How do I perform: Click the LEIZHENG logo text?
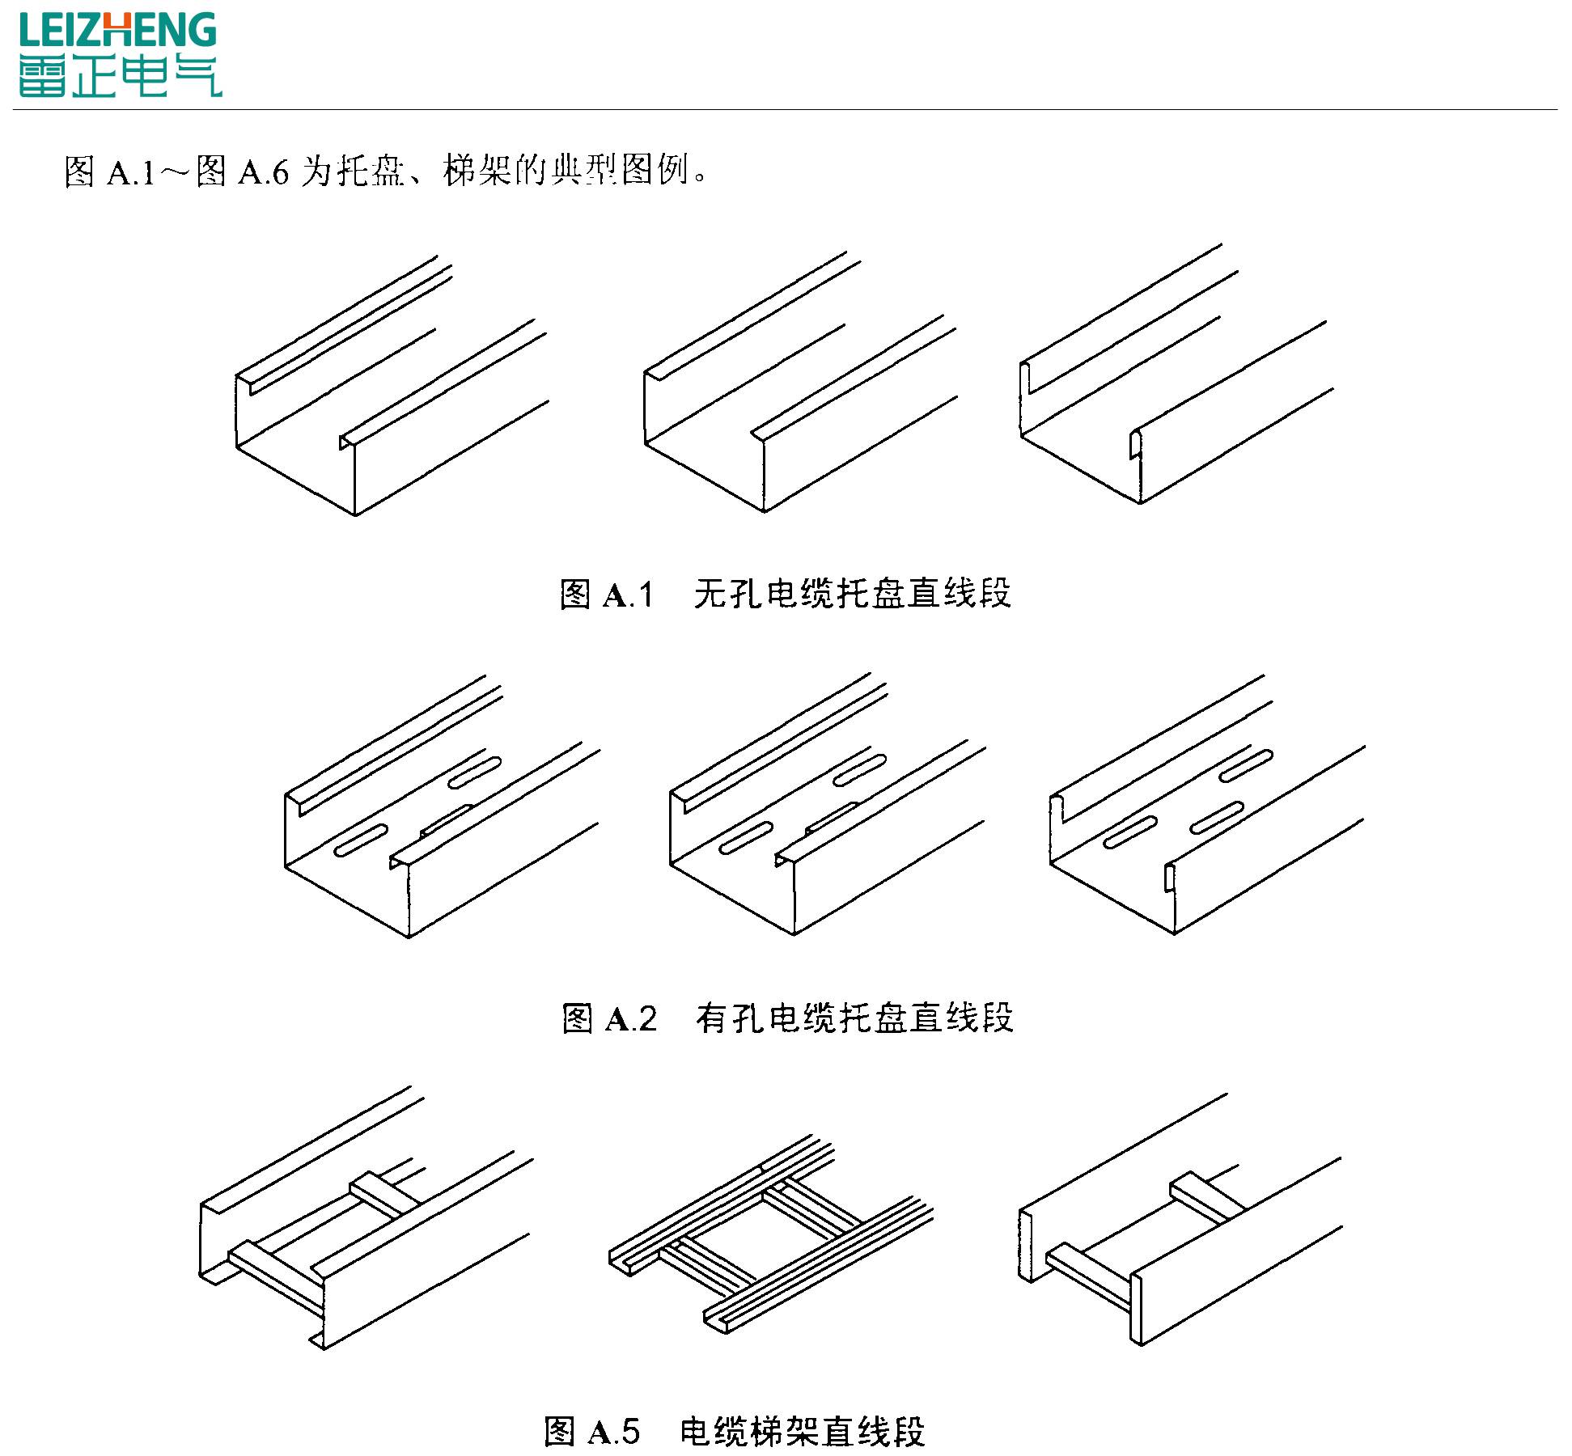pos(118,30)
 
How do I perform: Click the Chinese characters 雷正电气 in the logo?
pos(120,78)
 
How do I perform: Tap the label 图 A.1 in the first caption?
pos(606,595)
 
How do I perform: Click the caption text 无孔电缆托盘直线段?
pos(853,594)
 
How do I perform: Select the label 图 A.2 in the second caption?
pos(609,1018)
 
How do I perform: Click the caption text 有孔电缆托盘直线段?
pos(854,1018)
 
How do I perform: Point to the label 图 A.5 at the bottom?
pos(592,1431)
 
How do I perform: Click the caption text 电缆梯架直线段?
pos(802,1431)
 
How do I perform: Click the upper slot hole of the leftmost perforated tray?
pos(475,772)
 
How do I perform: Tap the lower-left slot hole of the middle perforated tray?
pos(745,838)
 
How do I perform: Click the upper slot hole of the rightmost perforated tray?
pos(1246,765)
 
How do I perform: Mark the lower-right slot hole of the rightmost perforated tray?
pos(1216,817)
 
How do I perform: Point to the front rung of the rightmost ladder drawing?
pos(1088,1272)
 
